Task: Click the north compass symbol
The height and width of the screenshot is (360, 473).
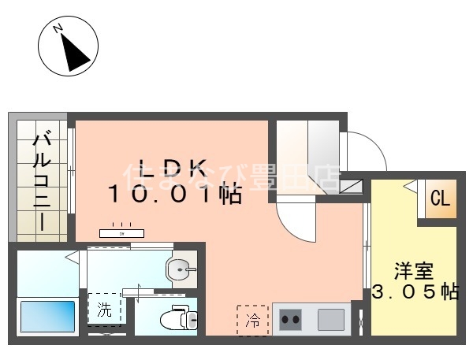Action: [68, 47]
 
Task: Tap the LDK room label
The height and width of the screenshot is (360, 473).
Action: [173, 167]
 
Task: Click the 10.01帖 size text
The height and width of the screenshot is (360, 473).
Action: [175, 195]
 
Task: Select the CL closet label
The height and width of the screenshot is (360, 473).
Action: [440, 199]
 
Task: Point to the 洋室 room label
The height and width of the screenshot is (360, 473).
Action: [414, 270]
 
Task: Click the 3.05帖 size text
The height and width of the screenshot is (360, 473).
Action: [415, 292]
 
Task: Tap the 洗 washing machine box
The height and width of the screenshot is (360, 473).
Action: [105, 308]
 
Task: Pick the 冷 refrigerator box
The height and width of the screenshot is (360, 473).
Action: [253, 320]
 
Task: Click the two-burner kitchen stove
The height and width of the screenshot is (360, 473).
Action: [291, 320]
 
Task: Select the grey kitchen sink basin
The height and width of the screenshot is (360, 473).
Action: [331, 320]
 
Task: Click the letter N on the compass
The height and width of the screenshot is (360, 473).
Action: [57, 29]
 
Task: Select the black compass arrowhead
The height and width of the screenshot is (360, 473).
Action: [75, 54]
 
